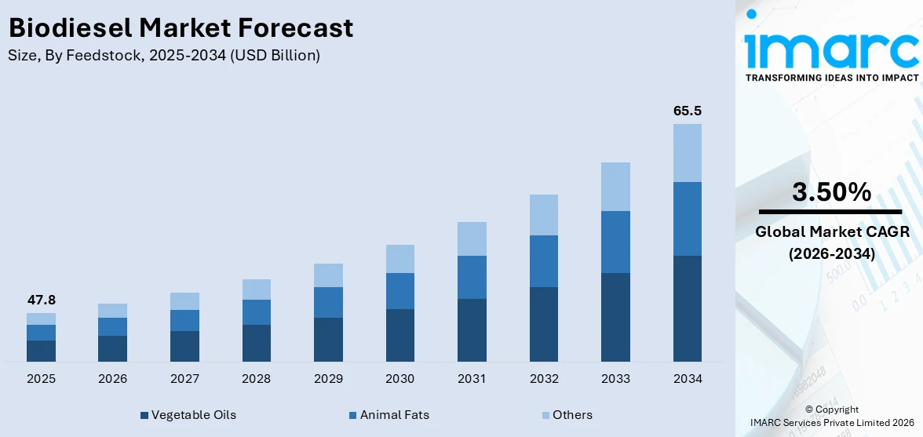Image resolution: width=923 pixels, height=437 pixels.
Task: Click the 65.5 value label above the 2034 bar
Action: [687, 111]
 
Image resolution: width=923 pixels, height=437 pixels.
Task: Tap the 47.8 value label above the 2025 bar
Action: [41, 300]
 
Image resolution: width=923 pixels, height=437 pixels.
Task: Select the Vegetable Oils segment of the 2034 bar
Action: [687, 308]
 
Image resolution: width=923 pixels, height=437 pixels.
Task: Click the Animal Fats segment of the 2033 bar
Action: [615, 242]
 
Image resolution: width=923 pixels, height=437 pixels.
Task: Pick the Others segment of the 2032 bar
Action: [543, 215]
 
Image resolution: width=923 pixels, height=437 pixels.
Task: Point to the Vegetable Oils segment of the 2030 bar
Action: [399, 335]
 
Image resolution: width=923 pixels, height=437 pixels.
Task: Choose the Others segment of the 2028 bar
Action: [256, 290]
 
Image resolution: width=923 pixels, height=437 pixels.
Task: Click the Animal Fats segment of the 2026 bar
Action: [112, 326]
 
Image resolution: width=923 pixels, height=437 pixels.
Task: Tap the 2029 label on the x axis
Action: [328, 379]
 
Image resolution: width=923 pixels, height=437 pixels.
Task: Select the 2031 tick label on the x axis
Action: [472, 379]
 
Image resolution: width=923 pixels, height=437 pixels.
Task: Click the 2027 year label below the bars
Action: [184, 379]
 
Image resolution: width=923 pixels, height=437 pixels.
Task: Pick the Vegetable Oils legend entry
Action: [188, 415]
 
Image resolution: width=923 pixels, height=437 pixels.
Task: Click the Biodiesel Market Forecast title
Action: [181, 28]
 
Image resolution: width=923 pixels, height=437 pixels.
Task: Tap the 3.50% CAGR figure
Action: [831, 192]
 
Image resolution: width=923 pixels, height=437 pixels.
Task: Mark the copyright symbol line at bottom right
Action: [832, 410]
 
